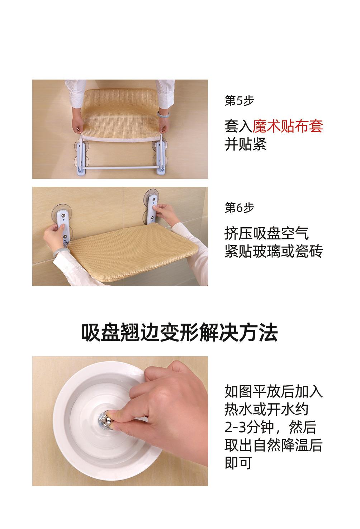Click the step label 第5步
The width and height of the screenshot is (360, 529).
[x=239, y=101]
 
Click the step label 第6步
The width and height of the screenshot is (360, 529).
[x=239, y=208]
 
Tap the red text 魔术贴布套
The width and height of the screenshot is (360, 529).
[x=288, y=126]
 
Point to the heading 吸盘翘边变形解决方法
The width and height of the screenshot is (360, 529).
[x=180, y=333]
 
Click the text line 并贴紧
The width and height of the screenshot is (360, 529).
[x=245, y=144]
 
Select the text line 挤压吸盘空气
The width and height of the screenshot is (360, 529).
[x=267, y=233]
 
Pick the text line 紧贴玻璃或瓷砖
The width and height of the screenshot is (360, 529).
[x=274, y=251]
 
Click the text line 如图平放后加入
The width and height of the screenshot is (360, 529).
[x=274, y=391]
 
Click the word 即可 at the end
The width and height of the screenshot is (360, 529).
[x=238, y=463]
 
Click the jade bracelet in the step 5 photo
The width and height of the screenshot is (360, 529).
[x=163, y=114]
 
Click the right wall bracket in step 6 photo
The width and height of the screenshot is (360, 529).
[x=151, y=209]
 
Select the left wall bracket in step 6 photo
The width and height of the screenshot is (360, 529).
[x=63, y=225]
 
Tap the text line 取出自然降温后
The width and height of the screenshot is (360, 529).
[x=274, y=445]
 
